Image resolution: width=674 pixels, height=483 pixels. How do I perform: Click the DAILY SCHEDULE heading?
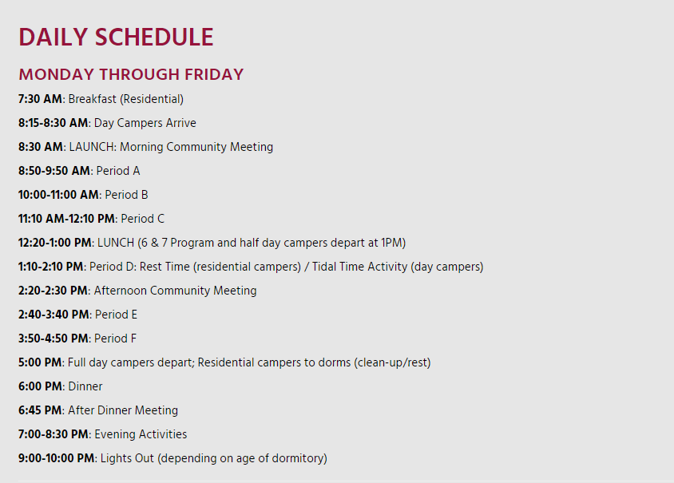[x=116, y=37]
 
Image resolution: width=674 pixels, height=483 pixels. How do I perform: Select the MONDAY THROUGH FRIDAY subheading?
[x=131, y=74]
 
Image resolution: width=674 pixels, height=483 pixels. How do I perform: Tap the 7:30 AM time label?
[x=40, y=99]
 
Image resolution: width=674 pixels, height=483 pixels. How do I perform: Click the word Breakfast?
[x=92, y=99]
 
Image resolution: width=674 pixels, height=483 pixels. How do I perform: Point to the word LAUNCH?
[x=92, y=147]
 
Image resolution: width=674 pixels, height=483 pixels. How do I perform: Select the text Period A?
[x=118, y=171]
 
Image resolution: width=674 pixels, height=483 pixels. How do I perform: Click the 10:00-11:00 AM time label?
[x=58, y=195]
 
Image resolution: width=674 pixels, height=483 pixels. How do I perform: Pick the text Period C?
[x=143, y=219]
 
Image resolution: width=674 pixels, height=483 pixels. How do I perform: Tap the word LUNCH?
[x=116, y=243]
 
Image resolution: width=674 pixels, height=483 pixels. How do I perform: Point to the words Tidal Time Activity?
[x=359, y=267]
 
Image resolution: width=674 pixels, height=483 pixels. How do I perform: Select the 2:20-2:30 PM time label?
[x=53, y=291]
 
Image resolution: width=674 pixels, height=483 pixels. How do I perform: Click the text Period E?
[x=116, y=315]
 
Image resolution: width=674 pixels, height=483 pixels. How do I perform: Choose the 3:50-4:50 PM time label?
[x=54, y=338]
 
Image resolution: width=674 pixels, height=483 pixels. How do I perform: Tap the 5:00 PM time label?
[x=40, y=362]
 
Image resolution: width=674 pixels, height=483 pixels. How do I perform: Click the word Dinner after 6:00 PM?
[x=85, y=386]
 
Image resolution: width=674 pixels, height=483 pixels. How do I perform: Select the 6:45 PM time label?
[x=40, y=410]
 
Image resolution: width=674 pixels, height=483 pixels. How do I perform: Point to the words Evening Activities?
[x=141, y=434]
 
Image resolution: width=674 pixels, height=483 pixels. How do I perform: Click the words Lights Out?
[x=127, y=458]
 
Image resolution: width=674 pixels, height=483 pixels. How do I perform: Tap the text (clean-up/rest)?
[x=392, y=362]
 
